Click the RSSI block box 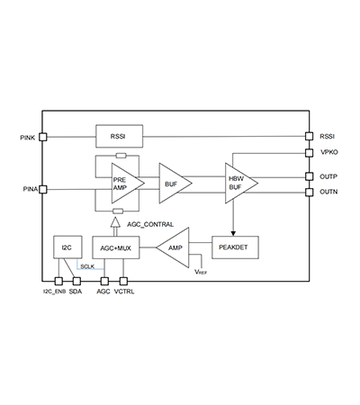pyautogui.click(x=119, y=136)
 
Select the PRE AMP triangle pyautogui.click(x=127, y=184)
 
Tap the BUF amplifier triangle pyautogui.click(x=175, y=184)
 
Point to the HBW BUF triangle pyautogui.click(x=241, y=183)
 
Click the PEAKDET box pyautogui.click(x=235, y=247)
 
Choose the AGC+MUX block pyautogui.click(x=116, y=247)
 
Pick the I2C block pyautogui.click(x=67, y=247)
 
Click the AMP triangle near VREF pyautogui.click(x=174, y=247)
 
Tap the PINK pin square pyautogui.click(x=43, y=137)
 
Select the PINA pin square pyautogui.click(x=43, y=189)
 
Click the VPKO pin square pyautogui.click(x=309, y=153)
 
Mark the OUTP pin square pyautogui.click(x=309, y=176)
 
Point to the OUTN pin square pyautogui.click(x=309, y=192)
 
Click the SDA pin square pyautogui.click(x=76, y=281)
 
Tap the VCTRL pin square pyautogui.click(x=123, y=281)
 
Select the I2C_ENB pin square pyautogui.click(x=58, y=281)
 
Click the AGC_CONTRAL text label pyautogui.click(x=150, y=224)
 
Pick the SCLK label pyautogui.click(x=87, y=266)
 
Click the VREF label pyautogui.click(x=201, y=272)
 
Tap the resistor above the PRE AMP pyautogui.click(x=121, y=156)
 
